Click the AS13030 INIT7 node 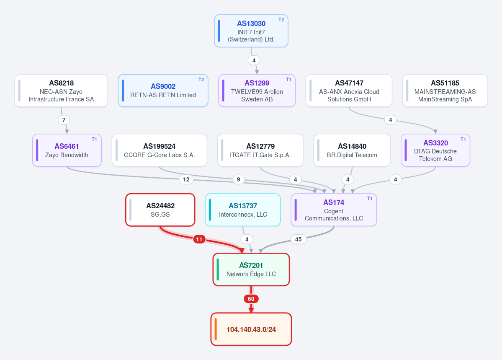point(251,31)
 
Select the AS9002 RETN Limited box point(163,91)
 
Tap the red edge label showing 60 point(251,299)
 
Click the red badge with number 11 point(199,239)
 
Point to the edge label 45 point(299,239)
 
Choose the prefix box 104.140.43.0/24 point(251,329)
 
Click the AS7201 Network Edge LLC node point(251,269)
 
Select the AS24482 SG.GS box point(160,210)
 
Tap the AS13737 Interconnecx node point(243,210)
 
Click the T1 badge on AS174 point(370,198)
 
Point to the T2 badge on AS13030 point(281,20)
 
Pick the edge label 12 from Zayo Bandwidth point(186,179)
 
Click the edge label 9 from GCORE point(238,179)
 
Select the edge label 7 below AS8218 point(64,120)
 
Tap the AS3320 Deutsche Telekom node point(435,150)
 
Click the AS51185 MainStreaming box point(445,91)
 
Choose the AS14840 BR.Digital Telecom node point(352,150)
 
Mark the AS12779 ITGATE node point(260,150)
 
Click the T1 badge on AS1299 point(288,80)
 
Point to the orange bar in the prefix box point(216,329)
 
